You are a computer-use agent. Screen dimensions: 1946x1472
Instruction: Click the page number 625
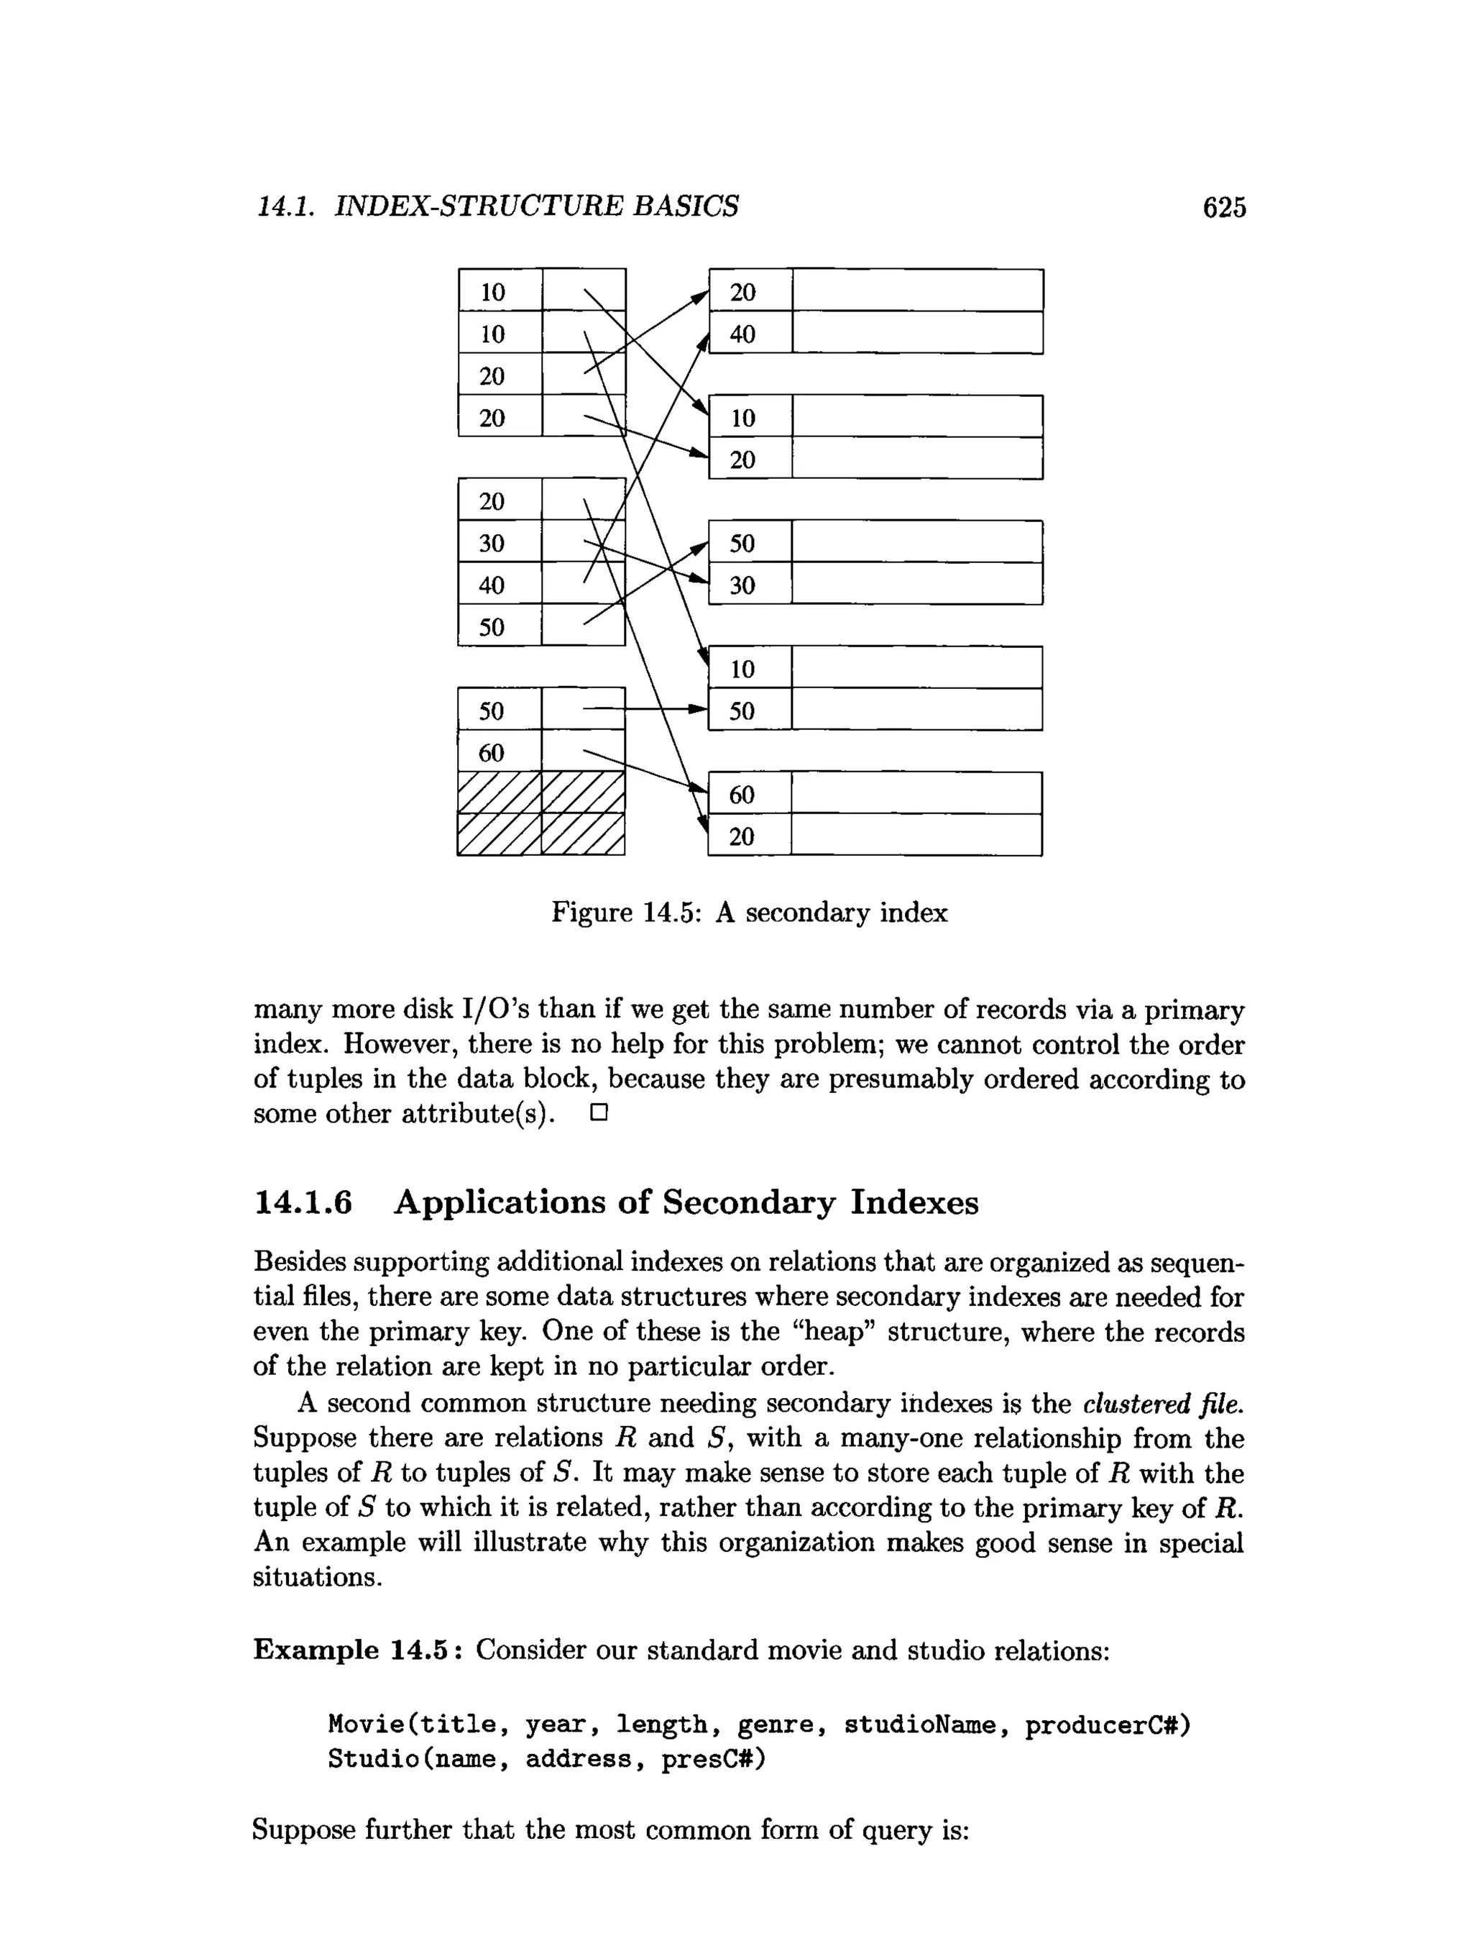tap(1224, 208)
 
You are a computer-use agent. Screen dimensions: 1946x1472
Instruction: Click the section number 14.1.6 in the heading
tap(303, 1202)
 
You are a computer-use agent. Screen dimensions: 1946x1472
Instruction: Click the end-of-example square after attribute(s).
tap(599, 1114)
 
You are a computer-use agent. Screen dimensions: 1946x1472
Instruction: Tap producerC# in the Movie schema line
tap(1107, 1725)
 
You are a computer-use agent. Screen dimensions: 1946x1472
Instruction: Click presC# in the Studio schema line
tap(713, 1760)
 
